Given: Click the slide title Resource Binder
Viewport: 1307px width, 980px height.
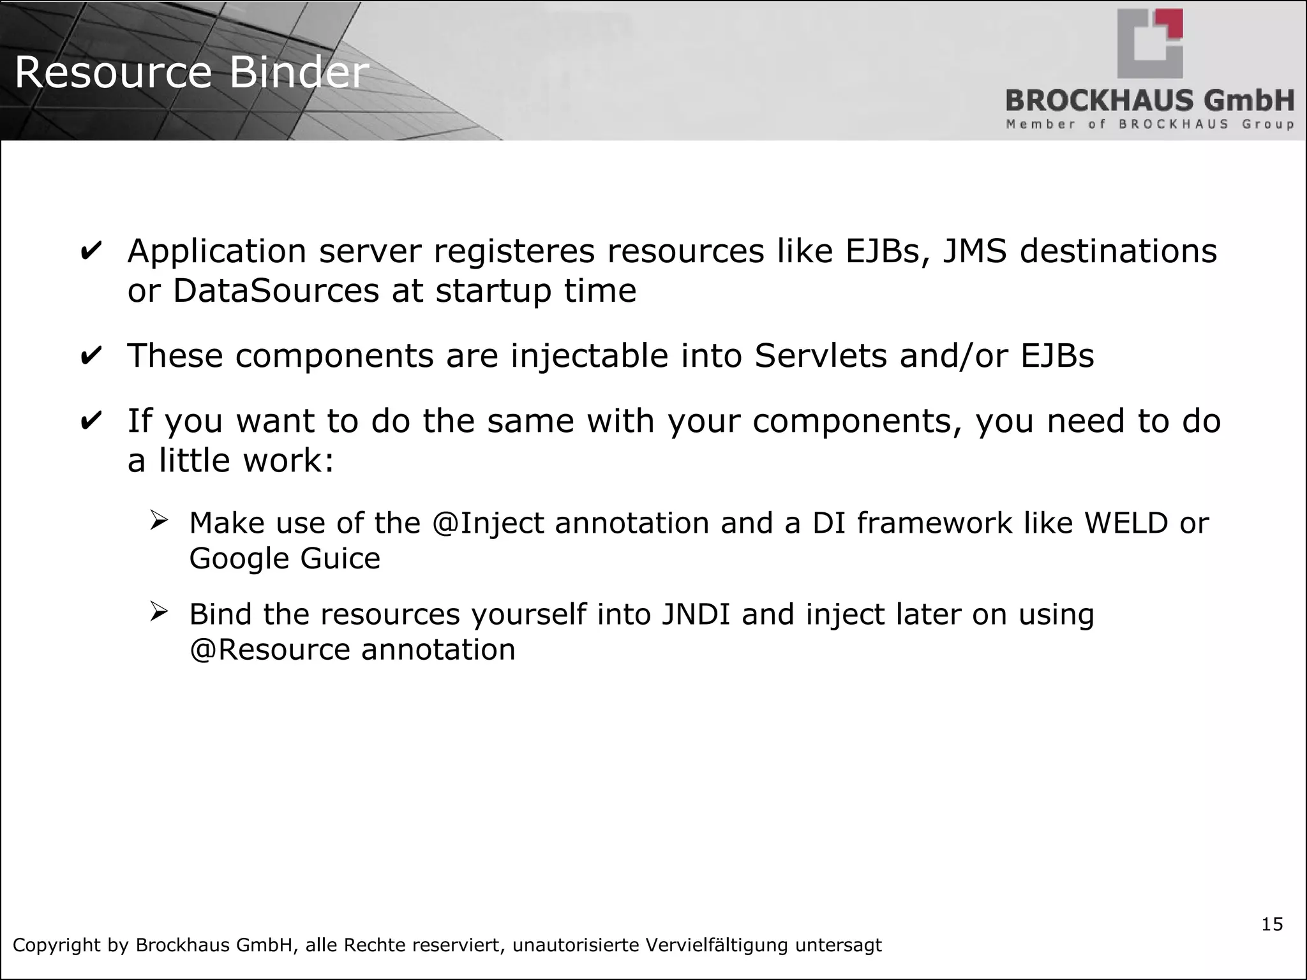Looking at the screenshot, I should point(191,72).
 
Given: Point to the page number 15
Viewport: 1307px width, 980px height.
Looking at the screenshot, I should point(1272,924).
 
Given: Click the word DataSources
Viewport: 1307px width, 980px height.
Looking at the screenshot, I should point(276,291).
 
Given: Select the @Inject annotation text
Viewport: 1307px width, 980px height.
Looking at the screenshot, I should point(488,523).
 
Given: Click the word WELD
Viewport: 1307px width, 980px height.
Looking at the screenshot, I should point(1126,523).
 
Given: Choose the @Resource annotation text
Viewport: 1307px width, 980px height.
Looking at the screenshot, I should point(269,650).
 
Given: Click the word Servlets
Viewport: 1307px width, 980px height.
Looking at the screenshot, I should point(821,356).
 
